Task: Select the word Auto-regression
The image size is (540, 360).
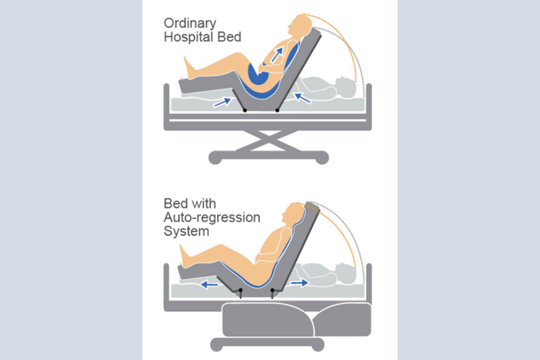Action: pyautogui.click(x=212, y=218)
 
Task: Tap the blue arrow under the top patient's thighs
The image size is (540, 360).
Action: pyautogui.click(x=222, y=102)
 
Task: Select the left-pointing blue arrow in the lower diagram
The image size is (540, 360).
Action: pyautogui.click(x=211, y=285)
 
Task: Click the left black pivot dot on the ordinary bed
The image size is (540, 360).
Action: pyautogui.click(x=244, y=110)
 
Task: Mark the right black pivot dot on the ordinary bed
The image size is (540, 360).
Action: pyautogui.click(x=277, y=110)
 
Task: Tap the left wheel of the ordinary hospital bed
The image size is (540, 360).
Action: pyautogui.click(x=214, y=159)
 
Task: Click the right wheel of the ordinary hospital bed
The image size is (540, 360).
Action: pyautogui.click(x=321, y=159)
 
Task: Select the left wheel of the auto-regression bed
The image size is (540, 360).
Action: pyautogui.click(x=215, y=345)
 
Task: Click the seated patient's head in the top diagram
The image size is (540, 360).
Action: pyautogui.click(x=298, y=25)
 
